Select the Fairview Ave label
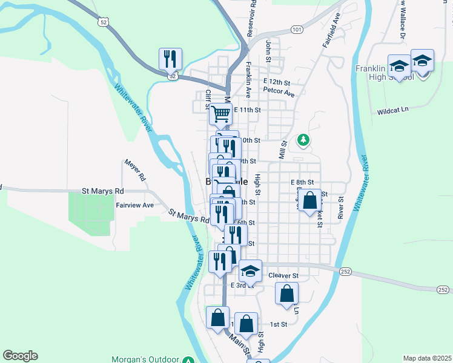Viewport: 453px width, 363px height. click(134, 205)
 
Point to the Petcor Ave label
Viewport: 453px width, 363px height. click(279, 94)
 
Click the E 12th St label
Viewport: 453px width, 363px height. click(277, 82)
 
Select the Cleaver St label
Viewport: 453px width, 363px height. click(283, 275)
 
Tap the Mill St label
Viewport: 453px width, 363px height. click(282, 149)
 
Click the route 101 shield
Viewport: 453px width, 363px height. click(296, 29)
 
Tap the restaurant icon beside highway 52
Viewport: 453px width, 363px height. click(170, 59)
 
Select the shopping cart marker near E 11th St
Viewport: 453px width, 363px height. click(221, 113)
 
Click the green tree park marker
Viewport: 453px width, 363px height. click(303, 140)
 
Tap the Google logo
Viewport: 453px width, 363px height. click(20, 356)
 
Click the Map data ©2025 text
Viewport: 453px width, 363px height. click(426, 358)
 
